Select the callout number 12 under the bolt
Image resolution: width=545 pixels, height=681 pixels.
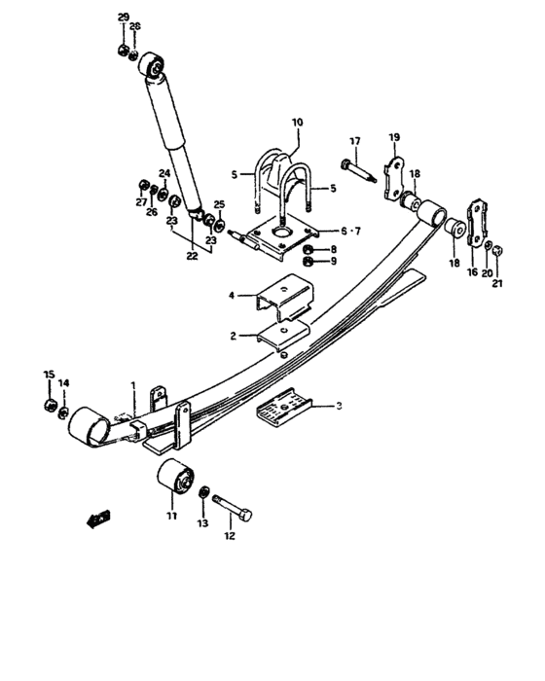pos(230,535)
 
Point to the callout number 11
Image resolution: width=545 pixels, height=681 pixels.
pos(172,517)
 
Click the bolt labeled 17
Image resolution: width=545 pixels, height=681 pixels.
pos(360,180)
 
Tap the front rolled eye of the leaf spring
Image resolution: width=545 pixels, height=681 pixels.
pos(88,429)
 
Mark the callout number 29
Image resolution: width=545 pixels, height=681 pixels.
pos(123,18)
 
